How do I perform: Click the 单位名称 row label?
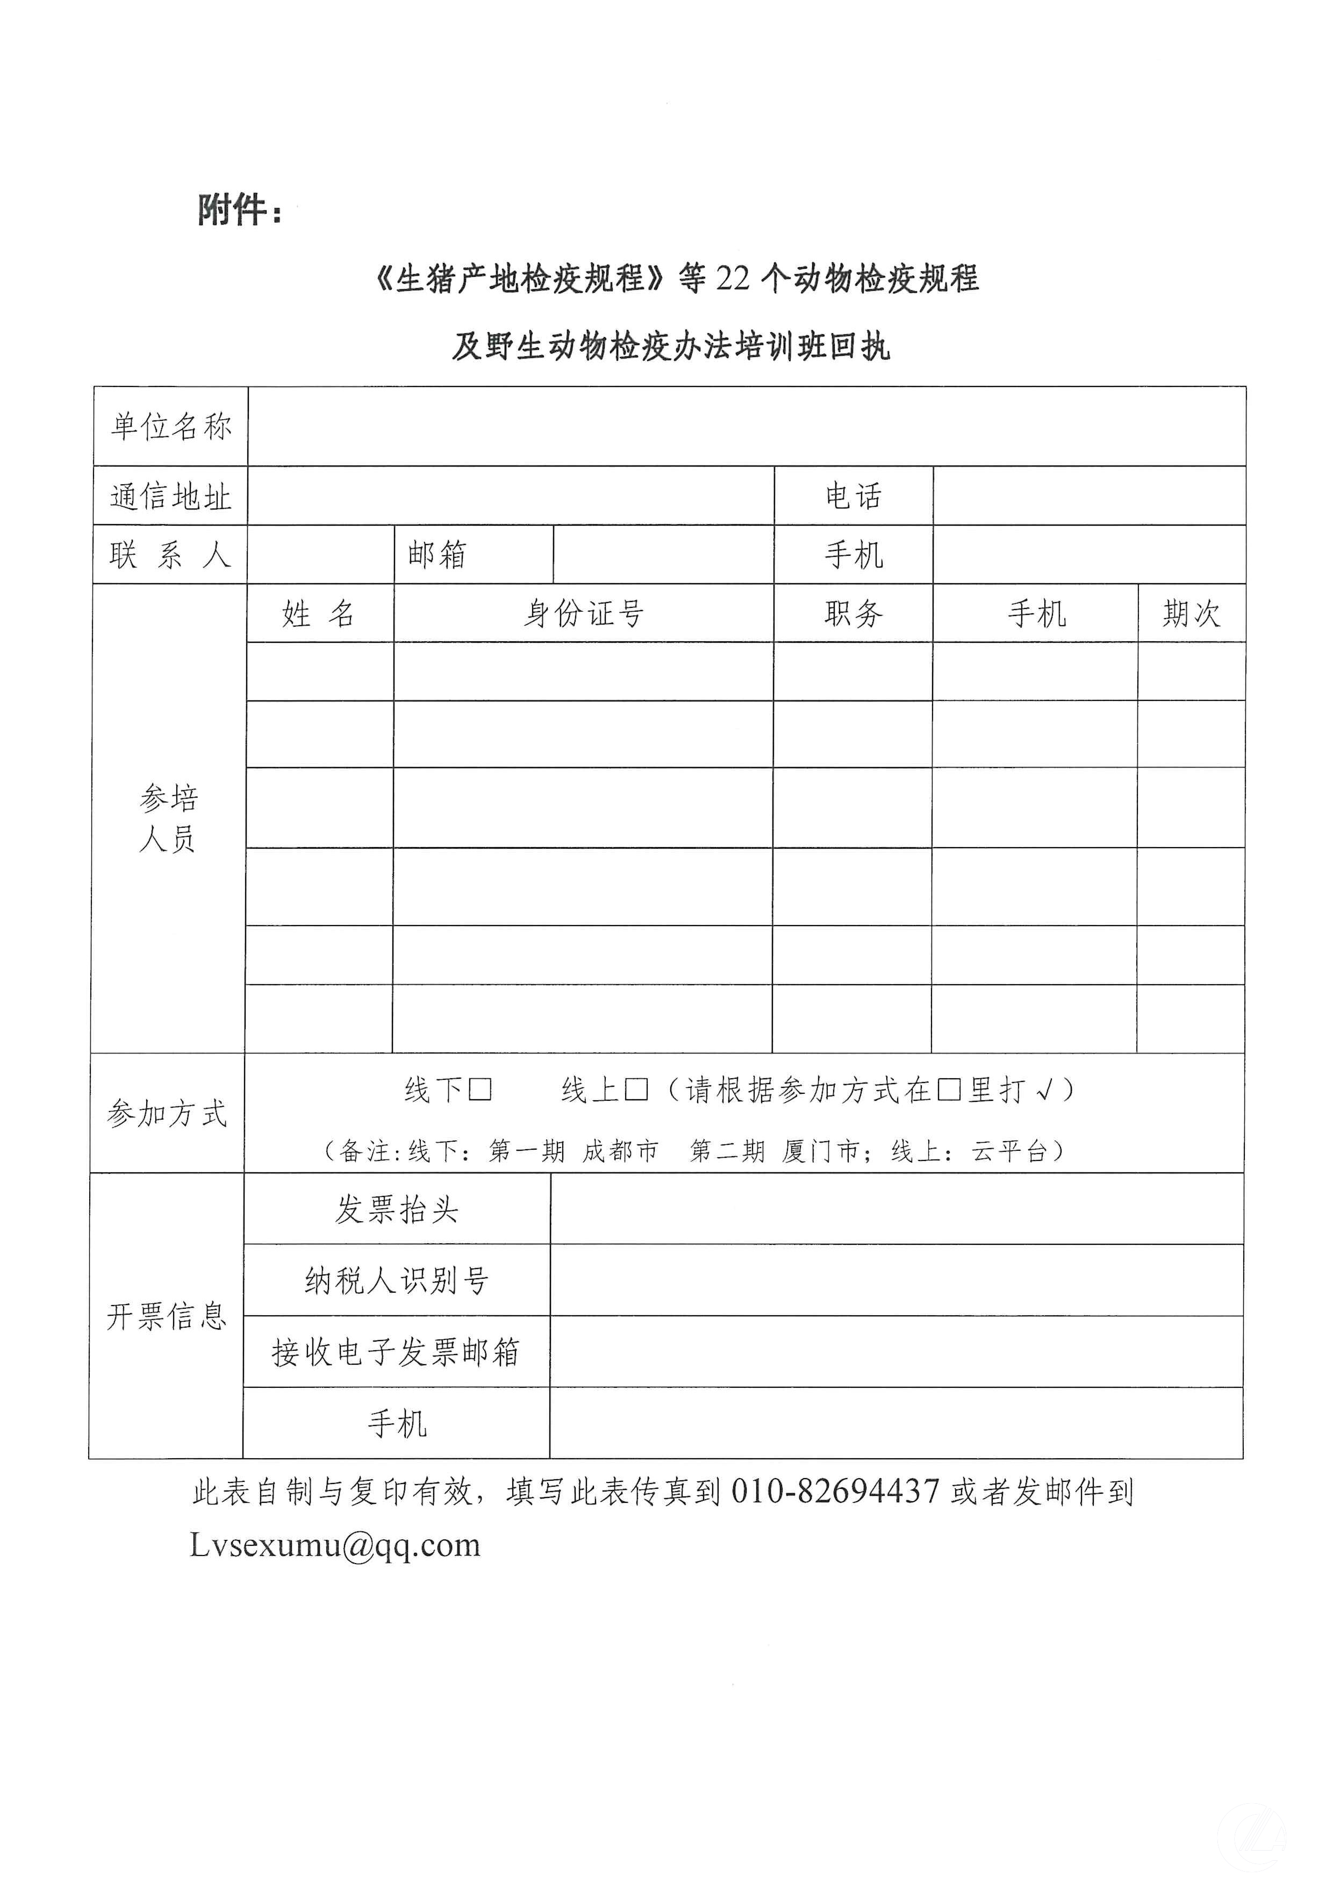pyautogui.click(x=171, y=427)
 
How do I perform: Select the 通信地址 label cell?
pyautogui.click(x=171, y=497)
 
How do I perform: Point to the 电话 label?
pyautogui.click(x=853, y=496)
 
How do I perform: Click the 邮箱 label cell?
pyautogui.click(x=438, y=555)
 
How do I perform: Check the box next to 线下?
pyautogui.click(x=480, y=1090)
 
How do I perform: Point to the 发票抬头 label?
pyautogui.click(x=397, y=1209)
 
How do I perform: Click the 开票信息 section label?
pyautogui.click(x=167, y=1316)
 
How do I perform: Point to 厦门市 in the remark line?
pyautogui.click(x=820, y=1151)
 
